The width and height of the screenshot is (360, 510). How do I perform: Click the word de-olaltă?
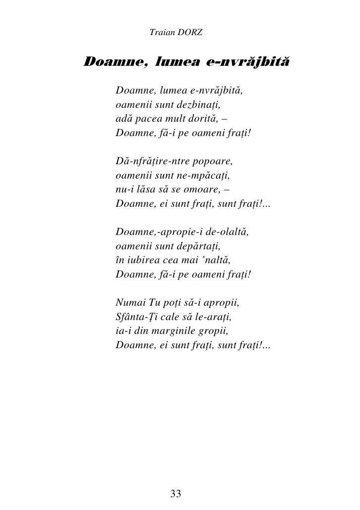click(226, 232)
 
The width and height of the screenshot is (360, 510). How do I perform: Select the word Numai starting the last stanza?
click(129, 302)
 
